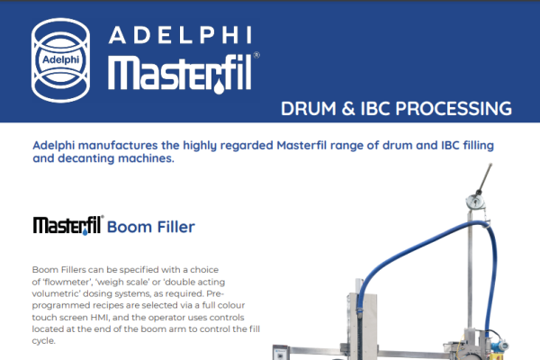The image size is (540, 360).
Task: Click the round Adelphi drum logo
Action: tap(60, 60)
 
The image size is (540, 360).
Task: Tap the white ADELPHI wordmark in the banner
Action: tap(180, 35)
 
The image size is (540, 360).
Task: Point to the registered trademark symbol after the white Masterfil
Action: tap(256, 55)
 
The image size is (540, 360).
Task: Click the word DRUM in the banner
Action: tap(308, 109)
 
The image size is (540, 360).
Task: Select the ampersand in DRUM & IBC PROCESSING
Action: tap(348, 109)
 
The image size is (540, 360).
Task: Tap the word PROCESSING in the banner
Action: tap(454, 109)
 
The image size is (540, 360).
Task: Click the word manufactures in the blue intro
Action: tap(118, 146)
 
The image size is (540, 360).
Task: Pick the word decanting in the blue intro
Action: tap(85, 158)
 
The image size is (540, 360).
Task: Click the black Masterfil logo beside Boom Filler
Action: tap(68, 225)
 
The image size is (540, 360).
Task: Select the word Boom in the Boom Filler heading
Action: tap(129, 227)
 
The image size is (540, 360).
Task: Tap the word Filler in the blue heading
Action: tap(176, 227)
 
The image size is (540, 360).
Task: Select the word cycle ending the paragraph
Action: tap(44, 341)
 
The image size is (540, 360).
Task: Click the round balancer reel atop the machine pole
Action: tap(475, 202)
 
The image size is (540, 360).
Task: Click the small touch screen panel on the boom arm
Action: tap(281, 353)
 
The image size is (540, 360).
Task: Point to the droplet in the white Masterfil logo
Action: tap(219, 87)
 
